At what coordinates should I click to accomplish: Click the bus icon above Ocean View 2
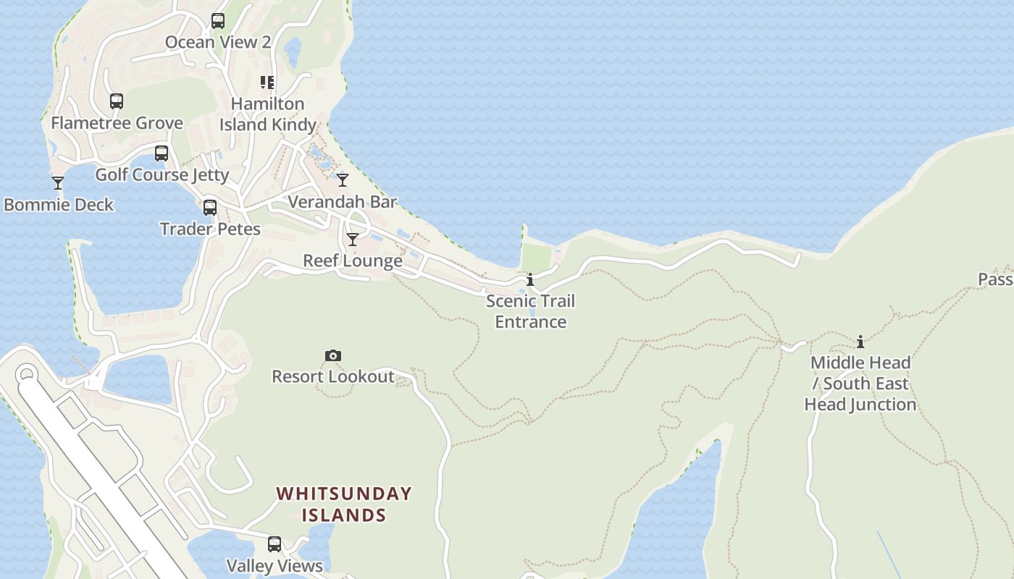pyautogui.click(x=218, y=21)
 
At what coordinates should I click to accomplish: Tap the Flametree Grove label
pyautogui.click(x=117, y=123)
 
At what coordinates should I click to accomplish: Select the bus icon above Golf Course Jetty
pyautogui.click(x=162, y=153)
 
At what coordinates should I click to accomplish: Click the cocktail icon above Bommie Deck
pyautogui.click(x=58, y=183)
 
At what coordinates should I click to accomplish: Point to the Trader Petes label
pyautogui.click(x=210, y=229)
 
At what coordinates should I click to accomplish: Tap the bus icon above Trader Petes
pyautogui.click(x=210, y=208)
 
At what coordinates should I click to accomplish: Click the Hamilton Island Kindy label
pyautogui.click(x=268, y=114)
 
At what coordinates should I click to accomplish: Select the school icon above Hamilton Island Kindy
pyautogui.click(x=268, y=83)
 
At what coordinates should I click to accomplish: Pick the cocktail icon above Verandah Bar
pyautogui.click(x=343, y=180)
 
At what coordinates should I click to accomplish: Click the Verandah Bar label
pyautogui.click(x=343, y=202)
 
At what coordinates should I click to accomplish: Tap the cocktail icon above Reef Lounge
pyautogui.click(x=353, y=240)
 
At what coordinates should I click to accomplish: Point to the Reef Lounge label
pyautogui.click(x=353, y=261)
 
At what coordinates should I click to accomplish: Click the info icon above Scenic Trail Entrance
pyautogui.click(x=530, y=279)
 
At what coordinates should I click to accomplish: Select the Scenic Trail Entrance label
pyautogui.click(x=530, y=311)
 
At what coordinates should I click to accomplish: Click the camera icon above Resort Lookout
pyautogui.click(x=333, y=355)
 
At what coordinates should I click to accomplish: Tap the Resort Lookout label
pyautogui.click(x=333, y=376)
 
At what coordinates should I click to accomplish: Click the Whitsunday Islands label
pyautogui.click(x=344, y=504)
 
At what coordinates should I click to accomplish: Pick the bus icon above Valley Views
pyautogui.click(x=275, y=544)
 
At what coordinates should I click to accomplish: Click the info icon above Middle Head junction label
pyautogui.click(x=860, y=342)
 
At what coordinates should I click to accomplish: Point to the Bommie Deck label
pyautogui.click(x=59, y=205)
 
